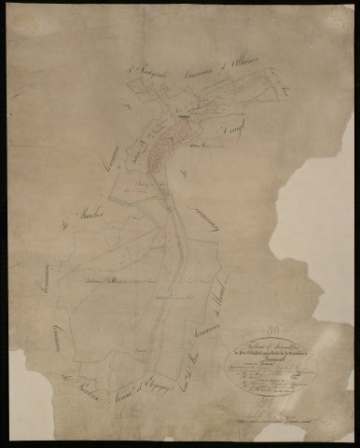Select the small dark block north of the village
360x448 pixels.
(x=186, y=115)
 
